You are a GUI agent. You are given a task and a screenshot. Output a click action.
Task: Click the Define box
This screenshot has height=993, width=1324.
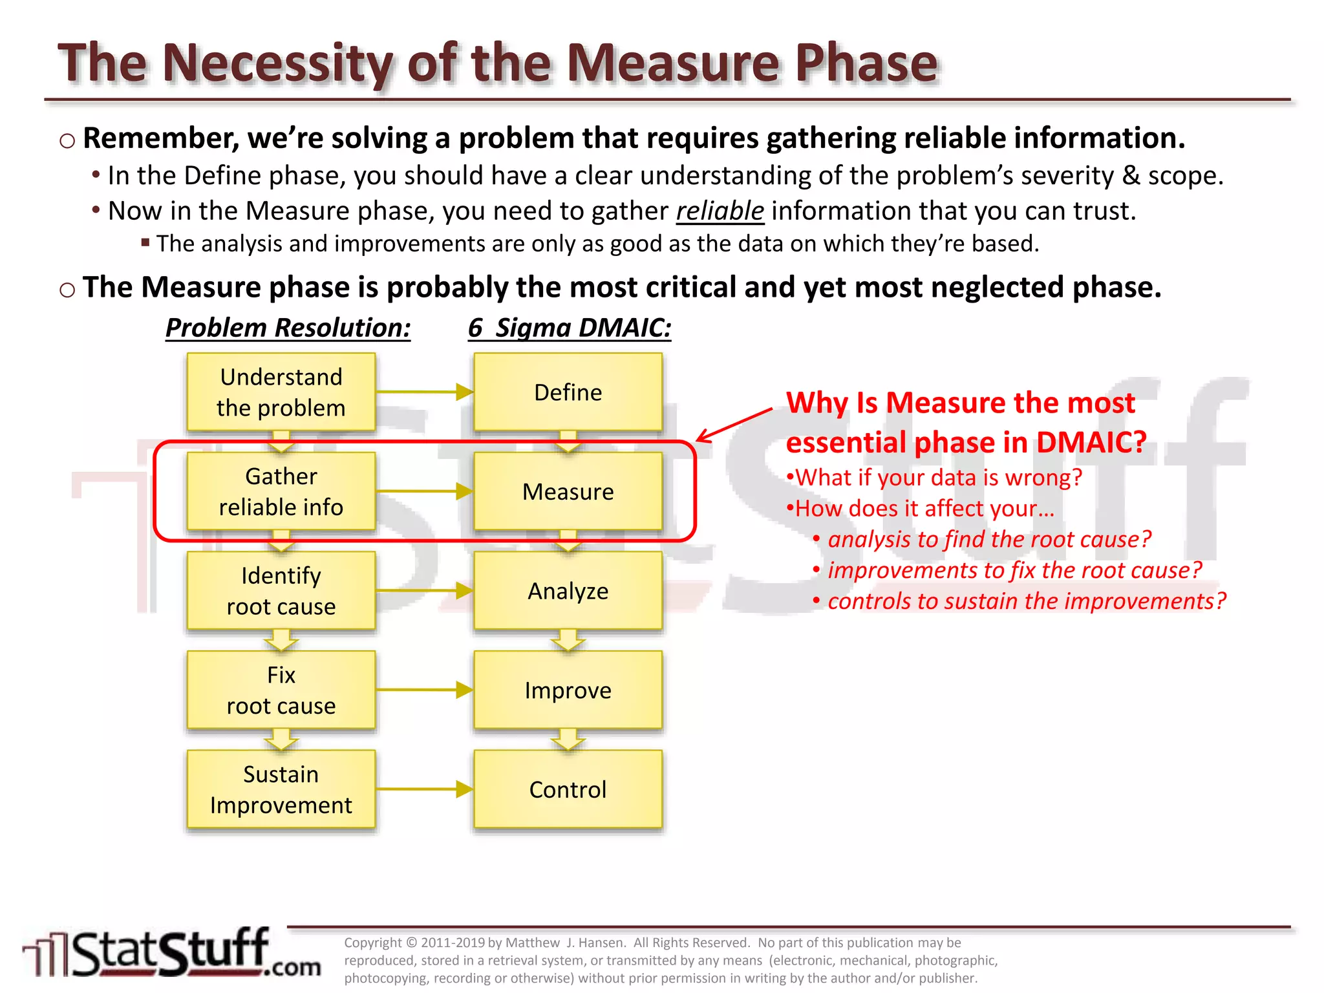[x=568, y=392]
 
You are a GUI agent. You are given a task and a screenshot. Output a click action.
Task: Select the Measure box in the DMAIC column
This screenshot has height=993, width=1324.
[x=568, y=491]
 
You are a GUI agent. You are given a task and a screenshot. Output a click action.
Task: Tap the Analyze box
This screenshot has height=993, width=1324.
[x=568, y=591]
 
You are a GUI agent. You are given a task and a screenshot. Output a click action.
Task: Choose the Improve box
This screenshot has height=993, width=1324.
[x=568, y=690]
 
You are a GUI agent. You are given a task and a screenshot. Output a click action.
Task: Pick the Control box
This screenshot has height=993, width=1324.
[x=568, y=789]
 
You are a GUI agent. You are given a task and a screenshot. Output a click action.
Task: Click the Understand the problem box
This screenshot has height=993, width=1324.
[x=281, y=392]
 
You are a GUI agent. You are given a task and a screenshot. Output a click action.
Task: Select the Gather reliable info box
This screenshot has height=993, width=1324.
[x=281, y=491]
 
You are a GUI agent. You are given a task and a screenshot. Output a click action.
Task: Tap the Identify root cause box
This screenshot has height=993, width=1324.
[x=281, y=591]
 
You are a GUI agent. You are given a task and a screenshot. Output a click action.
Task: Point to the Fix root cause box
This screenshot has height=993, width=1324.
[x=281, y=690]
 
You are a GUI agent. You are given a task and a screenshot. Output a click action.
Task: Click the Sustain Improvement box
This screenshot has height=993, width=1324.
[x=281, y=789]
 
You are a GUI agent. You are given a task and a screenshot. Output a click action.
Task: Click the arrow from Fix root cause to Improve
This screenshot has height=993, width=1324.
[x=424, y=690]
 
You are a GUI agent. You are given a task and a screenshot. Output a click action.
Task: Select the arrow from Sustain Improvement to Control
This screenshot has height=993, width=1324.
[x=424, y=789]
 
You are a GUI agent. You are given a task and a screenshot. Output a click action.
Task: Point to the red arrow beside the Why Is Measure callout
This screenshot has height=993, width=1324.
[x=734, y=425]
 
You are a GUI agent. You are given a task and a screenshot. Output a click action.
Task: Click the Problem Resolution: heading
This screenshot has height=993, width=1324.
[x=288, y=328]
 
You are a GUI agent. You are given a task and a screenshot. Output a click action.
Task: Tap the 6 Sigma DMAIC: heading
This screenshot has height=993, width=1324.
[x=570, y=328]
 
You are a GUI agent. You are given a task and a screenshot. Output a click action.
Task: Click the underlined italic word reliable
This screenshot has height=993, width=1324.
[x=720, y=211]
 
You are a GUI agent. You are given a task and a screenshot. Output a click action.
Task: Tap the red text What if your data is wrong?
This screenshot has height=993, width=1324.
[x=935, y=478]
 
